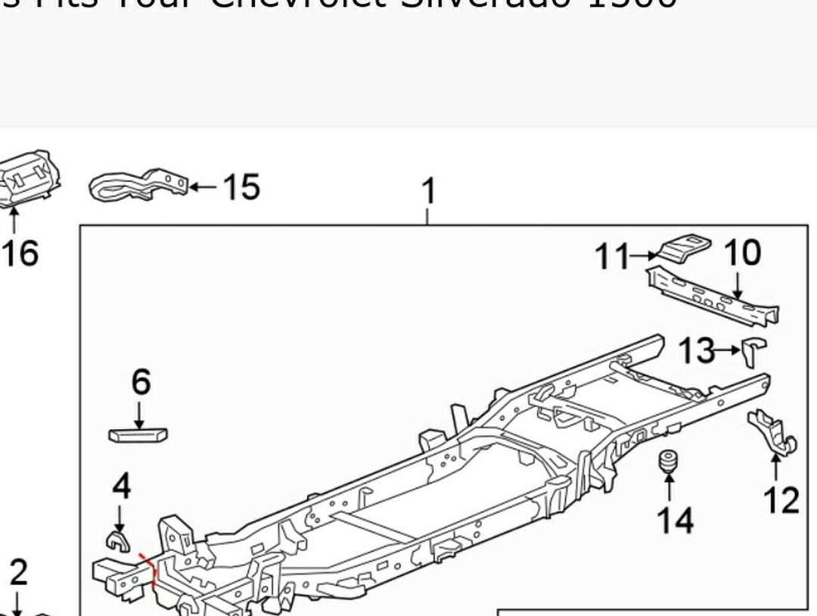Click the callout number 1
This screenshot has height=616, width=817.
[x=428, y=191]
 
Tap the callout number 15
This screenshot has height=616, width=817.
[x=241, y=187]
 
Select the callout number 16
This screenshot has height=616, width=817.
[x=19, y=253]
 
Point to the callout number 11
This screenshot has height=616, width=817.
[x=611, y=257]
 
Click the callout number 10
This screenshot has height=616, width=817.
[x=742, y=253]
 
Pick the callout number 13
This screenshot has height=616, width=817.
[x=695, y=350]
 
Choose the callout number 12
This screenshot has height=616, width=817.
[x=781, y=500]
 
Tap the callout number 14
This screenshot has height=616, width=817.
[x=674, y=520]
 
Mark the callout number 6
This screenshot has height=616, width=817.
[x=141, y=383]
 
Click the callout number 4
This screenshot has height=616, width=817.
[x=121, y=486]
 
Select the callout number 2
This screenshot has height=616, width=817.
[x=17, y=572]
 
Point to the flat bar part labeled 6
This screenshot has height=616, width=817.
[x=138, y=434]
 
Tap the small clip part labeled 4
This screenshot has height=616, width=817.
[x=116, y=540]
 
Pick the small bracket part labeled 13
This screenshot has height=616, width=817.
[x=754, y=350]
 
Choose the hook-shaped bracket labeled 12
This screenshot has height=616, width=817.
[x=772, y=432]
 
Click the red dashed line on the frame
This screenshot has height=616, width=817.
[x=151, y=572]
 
